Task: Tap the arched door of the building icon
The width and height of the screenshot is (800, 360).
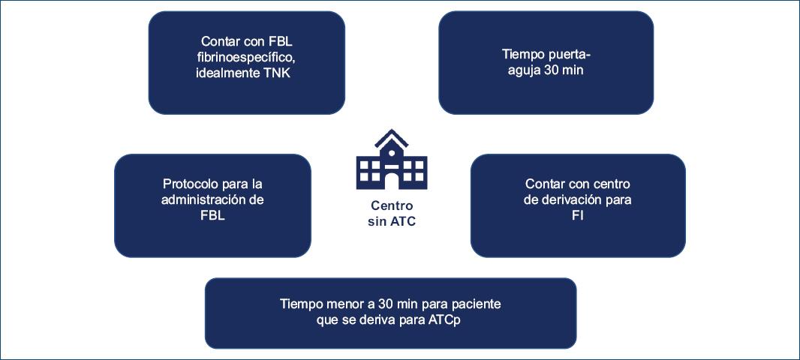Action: coord(391,181)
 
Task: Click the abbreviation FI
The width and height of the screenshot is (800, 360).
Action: coord(577,215)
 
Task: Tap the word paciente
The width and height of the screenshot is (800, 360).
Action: coord(476,304)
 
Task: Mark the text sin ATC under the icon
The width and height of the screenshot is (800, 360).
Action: coord(391,221)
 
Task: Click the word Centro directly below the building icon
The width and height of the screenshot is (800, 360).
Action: coord(391,205)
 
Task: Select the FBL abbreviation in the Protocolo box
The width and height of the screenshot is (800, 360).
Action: coord(212,215)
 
